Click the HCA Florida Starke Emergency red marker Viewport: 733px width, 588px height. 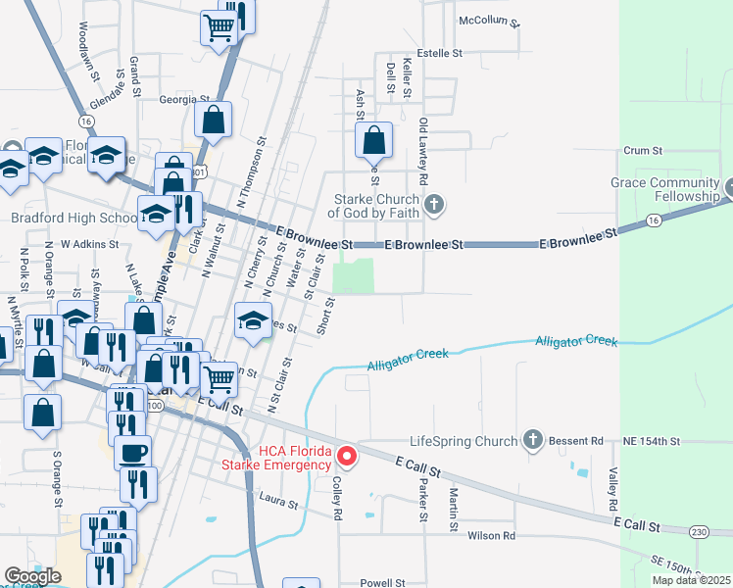pos(347,456)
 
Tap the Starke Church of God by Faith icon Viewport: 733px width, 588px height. pos(436,205)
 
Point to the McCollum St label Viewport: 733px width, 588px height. pos(488,21)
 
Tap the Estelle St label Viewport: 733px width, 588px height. pos(439,53)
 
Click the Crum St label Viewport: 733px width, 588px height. pos(644,151)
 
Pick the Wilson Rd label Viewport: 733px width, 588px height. pos(491,536)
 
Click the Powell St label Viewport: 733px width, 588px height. pos(382,582)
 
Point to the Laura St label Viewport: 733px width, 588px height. pos(278,503)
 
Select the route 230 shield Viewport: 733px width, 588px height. pos(698,531)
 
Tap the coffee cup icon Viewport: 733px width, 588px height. pos(133,453)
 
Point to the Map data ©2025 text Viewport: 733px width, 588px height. pos(691,580)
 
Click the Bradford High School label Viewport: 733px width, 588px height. pos(74,218)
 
